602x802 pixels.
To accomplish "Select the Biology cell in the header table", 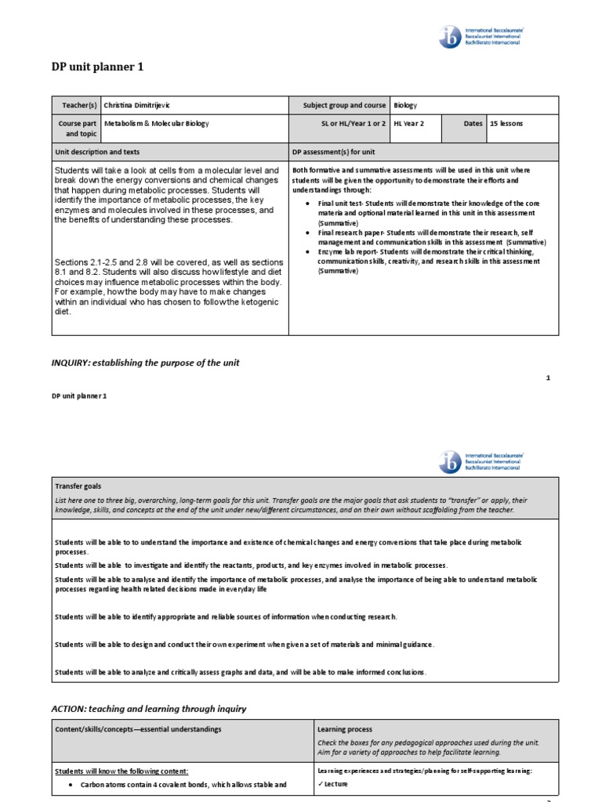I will [x=405, y=105].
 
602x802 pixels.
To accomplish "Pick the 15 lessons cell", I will [x=506, y=124].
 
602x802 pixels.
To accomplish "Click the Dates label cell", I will [x=473, y=124].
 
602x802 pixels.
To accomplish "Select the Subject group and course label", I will [x=344, y=105].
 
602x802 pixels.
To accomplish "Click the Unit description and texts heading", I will [x=97, y=152].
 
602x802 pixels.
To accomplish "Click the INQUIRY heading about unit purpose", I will [x=145, y=363].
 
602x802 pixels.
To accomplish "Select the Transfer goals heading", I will [x=78, y=486].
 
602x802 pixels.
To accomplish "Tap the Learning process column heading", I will [x=345, y=729].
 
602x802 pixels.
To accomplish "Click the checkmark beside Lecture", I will [x=320, y=783].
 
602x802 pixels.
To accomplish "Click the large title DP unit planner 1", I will [x=97, y=67].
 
